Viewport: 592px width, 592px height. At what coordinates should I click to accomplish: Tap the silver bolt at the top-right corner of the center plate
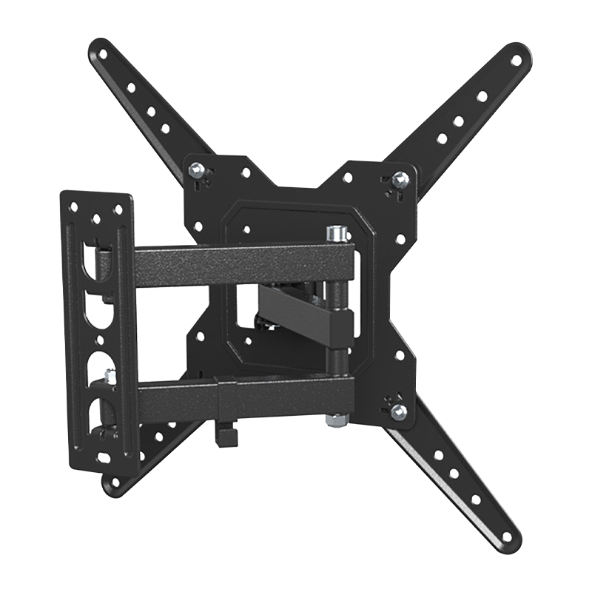[400, 178]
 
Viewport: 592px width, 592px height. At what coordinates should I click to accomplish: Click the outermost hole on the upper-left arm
[101, 54]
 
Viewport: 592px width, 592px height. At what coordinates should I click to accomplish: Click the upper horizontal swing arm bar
[229, 263]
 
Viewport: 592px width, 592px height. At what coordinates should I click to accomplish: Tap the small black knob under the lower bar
[226, 435]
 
